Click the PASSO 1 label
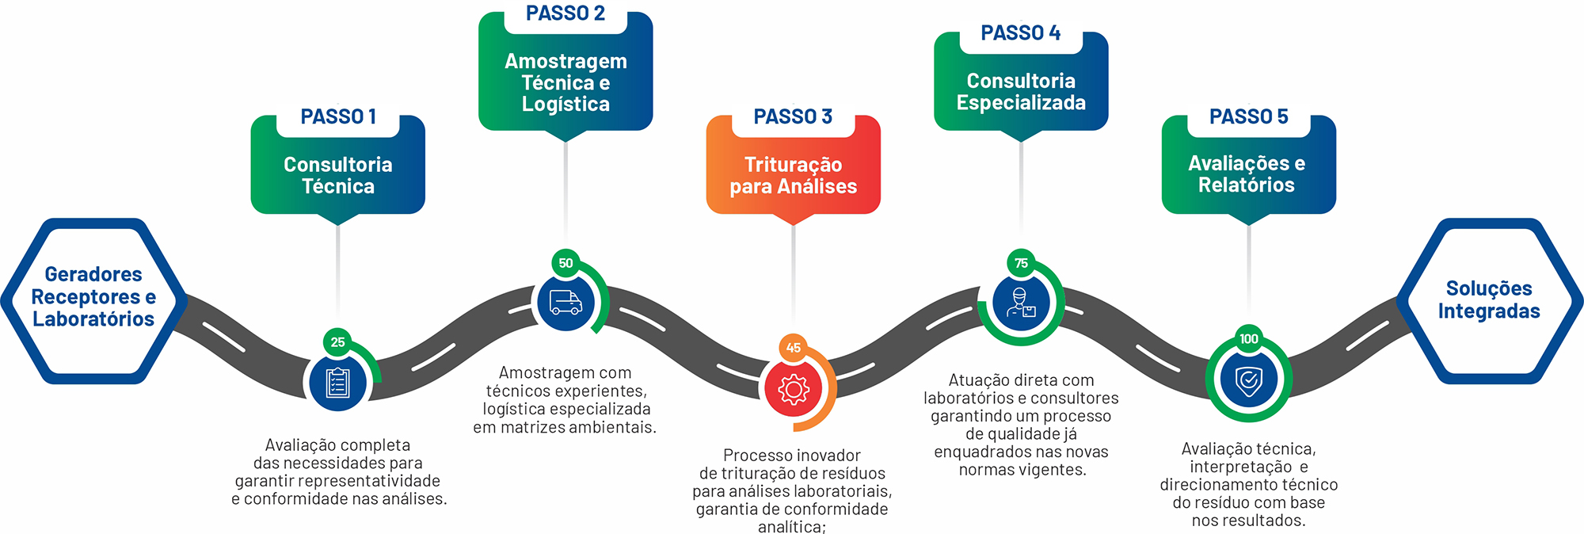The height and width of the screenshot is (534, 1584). tap(338, 116)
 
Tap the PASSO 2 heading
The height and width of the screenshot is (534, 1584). tap(565, 13)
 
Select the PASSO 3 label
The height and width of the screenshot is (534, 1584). tap(793, 116)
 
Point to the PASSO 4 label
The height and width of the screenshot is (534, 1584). tap(1020, 33)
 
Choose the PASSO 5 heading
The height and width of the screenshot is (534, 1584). tap(1248, 116)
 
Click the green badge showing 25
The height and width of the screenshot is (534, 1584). tap(338, 342)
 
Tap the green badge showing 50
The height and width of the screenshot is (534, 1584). tap(565, 263)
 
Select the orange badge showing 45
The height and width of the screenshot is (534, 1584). tap(793, 347)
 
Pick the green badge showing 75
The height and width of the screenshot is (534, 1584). tap(1021, 263)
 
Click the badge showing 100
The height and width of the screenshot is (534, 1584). tap(1249, 339)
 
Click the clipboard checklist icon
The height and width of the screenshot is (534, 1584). tap(338, 383)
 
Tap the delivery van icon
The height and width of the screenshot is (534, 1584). tap(565, 302)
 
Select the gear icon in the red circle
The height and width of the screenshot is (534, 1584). tap(793, 389)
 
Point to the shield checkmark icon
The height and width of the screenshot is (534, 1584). tap(1249, 380)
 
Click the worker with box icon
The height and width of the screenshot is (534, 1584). tap(1021, 302)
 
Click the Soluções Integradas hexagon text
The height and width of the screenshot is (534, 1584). tap(1489, 299)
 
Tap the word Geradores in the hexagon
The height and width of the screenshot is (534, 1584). tap(93, 274)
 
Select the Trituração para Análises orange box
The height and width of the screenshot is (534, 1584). tap(793, 175)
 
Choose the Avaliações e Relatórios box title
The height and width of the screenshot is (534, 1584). tap(1247, 174)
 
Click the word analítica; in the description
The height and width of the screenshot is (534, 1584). tap(791, 527)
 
